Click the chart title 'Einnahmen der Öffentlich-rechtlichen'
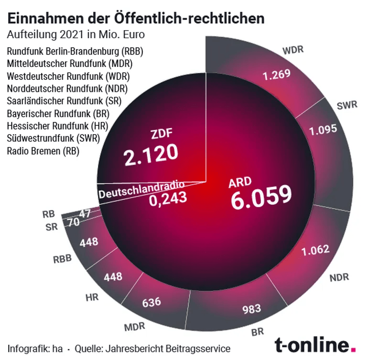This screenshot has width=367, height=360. (136, 18)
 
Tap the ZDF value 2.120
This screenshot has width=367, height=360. (151, 154)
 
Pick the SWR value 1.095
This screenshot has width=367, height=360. (323, 129)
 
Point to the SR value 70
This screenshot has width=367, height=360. (73, 222)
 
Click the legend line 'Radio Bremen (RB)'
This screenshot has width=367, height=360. (43, 151)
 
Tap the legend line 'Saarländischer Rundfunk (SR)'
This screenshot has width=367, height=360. (64, 101)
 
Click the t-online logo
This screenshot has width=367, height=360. (315, 344)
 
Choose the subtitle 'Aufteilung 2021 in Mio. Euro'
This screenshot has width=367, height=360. (75, 35)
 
